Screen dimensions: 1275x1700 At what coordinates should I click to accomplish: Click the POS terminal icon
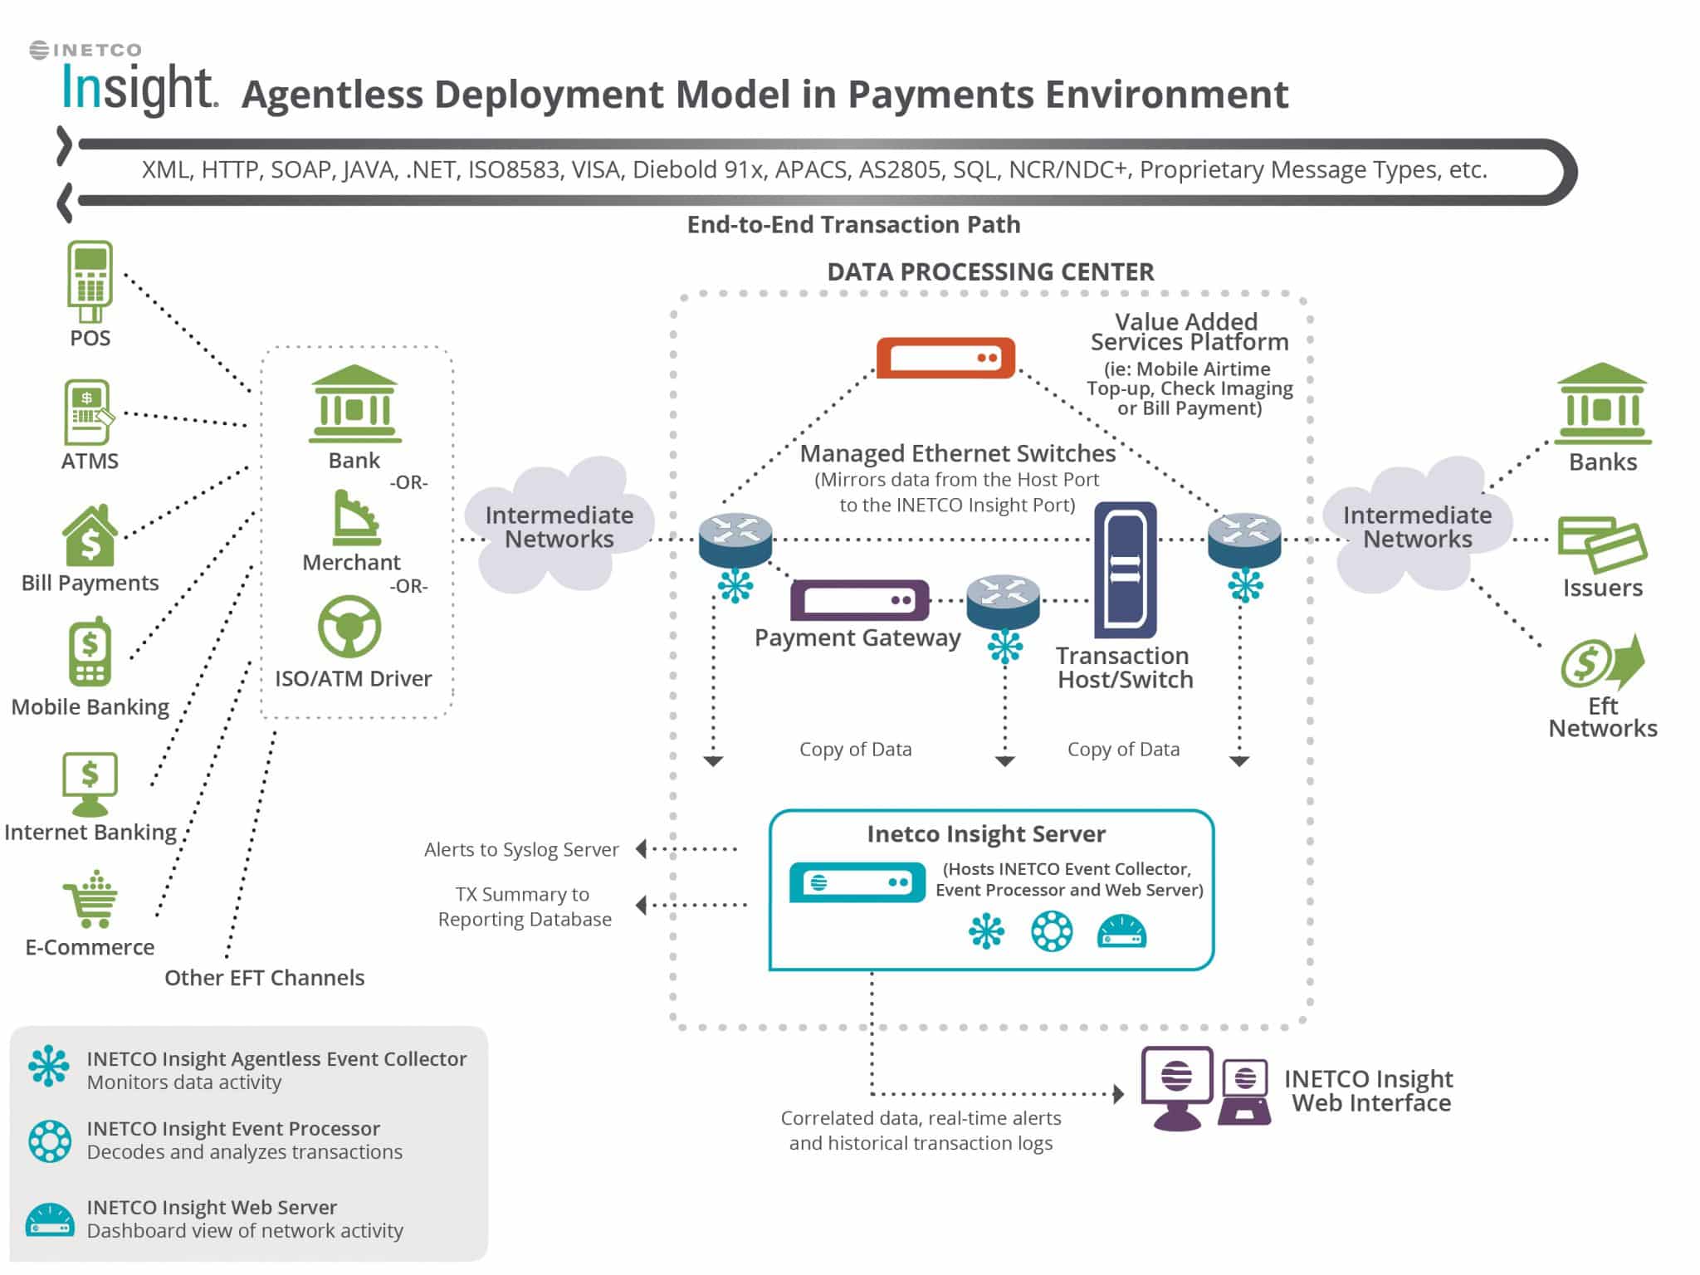90,281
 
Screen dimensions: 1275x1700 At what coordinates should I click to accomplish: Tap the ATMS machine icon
87,413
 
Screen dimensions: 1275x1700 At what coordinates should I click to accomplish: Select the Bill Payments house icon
90,535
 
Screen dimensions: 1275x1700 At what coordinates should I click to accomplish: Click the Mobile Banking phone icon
90,652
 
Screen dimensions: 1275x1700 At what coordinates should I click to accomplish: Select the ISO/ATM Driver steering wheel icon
349,627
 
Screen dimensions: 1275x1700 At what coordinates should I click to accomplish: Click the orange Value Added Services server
945,358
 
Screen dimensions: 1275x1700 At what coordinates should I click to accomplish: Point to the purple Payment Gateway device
859,600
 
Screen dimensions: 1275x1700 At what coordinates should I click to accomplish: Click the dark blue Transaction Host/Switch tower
1125,569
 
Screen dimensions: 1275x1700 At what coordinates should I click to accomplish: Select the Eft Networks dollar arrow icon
1602,662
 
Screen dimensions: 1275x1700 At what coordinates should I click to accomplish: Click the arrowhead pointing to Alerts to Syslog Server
641,848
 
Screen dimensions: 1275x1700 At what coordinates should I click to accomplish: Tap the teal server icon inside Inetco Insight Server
857,882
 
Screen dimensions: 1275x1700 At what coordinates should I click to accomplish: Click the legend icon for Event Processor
50,1141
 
